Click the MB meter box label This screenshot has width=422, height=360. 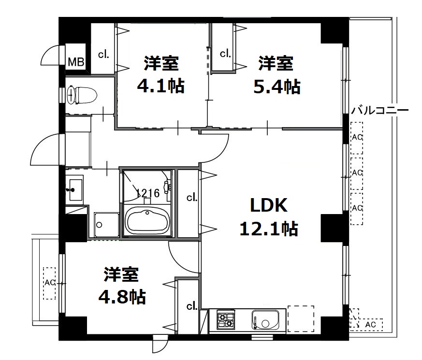click(x=76, y=62)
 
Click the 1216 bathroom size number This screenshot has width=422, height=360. click(x=148, y=193)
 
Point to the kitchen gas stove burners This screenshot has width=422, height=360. click(x=226, y=320)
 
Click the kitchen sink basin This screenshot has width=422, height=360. click(x=265, y=320)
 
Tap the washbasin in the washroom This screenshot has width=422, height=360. click(x=75, y=189)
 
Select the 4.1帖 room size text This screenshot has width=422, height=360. click(x=160, y=86)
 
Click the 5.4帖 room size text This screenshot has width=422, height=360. click(x=276, y=86)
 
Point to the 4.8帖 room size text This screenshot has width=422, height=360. click(x=122, y=297)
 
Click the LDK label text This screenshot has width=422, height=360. click(x=269, y=205)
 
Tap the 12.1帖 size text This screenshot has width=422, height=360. click(x=269, y=229)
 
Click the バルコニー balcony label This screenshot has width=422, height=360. click(x=380, y=110)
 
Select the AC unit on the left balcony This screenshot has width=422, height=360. click(x=49, y=283)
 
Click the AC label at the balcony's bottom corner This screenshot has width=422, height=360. click(x=370, y=325)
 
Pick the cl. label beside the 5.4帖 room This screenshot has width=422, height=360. click(x=225, y=54)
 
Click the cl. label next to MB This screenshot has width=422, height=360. click(x=103, y=55)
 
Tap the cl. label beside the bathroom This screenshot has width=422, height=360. click(x=192, y=198)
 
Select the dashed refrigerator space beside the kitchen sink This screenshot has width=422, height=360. click(x=301, y=318)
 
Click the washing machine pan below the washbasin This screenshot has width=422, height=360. click(x=106, y=225)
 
